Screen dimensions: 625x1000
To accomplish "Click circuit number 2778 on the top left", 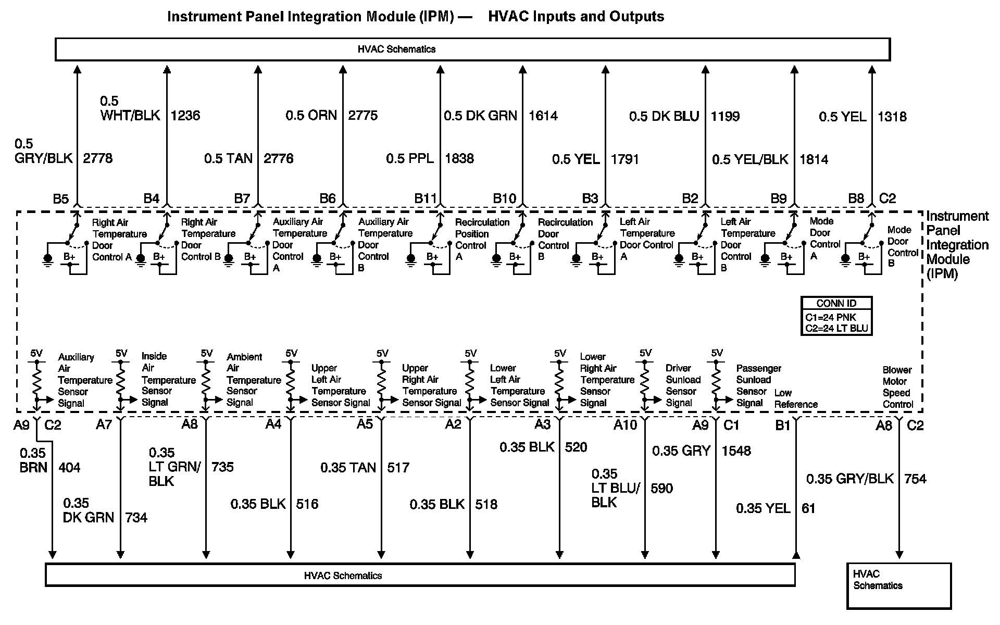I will coord(97,158).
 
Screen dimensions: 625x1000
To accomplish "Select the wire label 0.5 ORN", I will coord(311,115).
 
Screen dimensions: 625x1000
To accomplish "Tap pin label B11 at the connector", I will coord(425,198).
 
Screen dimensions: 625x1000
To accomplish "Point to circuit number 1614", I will coord(543,116).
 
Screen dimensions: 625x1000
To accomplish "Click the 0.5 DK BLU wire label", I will coord(664,116).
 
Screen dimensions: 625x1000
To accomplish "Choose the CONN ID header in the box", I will coord(836,304).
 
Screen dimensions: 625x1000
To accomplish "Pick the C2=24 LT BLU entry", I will coord(836,328).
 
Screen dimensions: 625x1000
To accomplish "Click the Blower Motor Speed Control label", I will coord(897,387).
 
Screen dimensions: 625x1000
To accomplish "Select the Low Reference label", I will coord(795,399).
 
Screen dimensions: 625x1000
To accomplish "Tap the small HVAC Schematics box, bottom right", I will coord(898,585).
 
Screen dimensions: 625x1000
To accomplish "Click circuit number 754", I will coord(915,479).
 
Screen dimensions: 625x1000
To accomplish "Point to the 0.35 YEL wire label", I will coord(763,508).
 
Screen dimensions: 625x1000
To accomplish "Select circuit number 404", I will coord(69,468).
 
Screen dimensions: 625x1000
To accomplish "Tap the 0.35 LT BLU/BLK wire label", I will coord(616,488).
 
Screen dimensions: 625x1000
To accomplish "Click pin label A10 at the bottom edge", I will coord(625,426).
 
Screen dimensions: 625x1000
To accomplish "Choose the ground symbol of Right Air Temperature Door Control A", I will coord(48,259).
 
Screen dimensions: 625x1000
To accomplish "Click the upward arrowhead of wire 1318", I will coord(872,69).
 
